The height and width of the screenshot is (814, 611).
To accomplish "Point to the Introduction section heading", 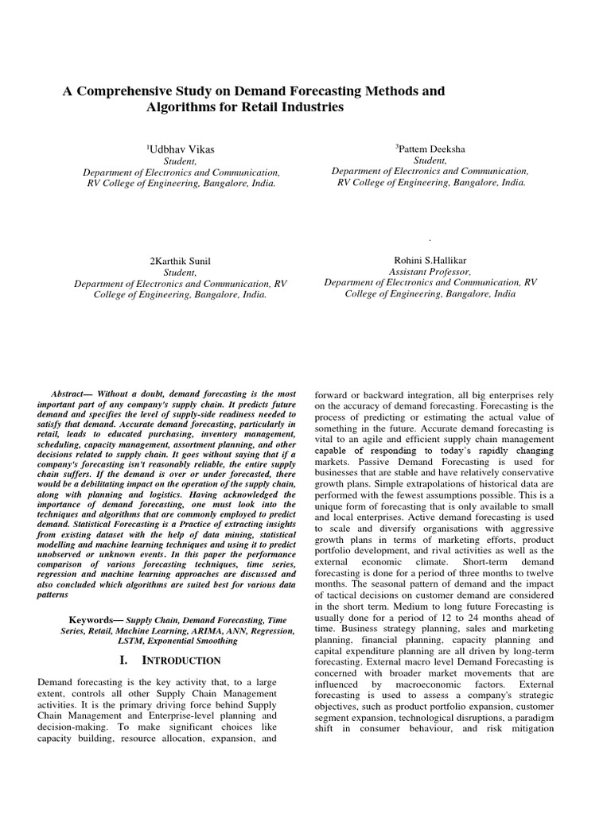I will click(181, 661).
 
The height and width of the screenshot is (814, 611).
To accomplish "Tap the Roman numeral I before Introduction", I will click(121, 660).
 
